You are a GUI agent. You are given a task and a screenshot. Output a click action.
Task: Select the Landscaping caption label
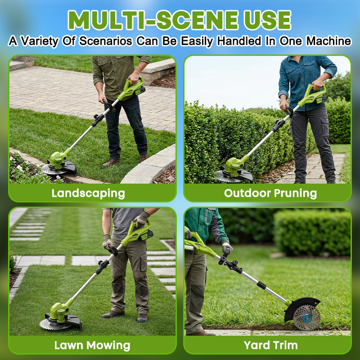[x=88, y=193]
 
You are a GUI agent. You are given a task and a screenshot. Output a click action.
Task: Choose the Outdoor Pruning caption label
[x=270, y=193]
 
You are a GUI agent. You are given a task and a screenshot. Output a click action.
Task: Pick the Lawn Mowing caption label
[x=92, y=346]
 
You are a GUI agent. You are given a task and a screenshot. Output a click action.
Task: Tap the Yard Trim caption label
[x=270, y=346]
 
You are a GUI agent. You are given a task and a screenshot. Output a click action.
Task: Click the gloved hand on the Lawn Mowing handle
[x=141, y=220]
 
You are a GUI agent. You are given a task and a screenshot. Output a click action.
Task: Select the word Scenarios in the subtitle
[x=105, y=41]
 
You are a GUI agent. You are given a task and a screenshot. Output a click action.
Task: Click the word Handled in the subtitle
[x=238, y=41]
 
